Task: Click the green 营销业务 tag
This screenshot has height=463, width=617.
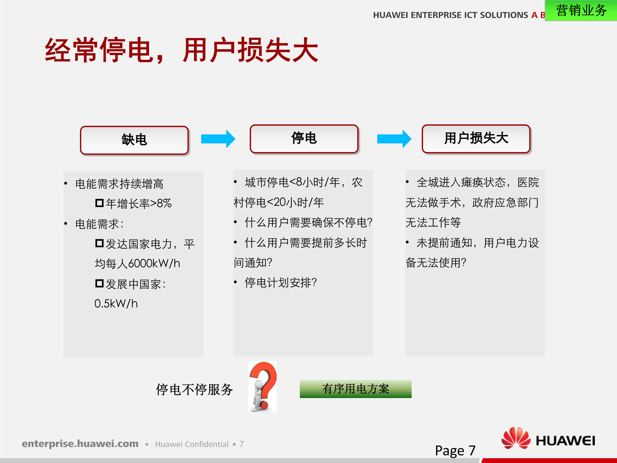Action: tap(581, 11)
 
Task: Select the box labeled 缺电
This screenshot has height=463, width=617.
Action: tap(134, 140)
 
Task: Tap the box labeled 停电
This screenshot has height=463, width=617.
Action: tap(304, 139)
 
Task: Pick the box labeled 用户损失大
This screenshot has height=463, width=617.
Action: tap(476, 139)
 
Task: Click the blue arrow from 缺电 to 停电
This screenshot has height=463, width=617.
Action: tap(218, 139)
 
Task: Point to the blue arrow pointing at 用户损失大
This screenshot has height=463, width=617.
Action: tap(394, 139)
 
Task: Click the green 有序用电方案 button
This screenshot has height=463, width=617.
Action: tap(355, 389)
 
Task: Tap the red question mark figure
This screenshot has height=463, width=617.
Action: tap(263, 386)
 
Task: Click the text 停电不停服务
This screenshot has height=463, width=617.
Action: tap(194, 390)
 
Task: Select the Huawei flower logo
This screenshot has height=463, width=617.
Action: tap(516, 438)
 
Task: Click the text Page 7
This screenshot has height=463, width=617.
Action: tap(455, 450)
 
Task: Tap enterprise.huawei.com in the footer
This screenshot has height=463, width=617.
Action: tap(80, 444)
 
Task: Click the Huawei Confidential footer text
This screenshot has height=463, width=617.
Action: tap(192, 444)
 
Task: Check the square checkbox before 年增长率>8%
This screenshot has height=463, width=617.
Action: tap(99, 203)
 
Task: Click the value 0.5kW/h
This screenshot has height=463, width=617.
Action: tap(116, 304)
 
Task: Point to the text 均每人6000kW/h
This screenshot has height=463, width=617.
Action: tap(137, 264)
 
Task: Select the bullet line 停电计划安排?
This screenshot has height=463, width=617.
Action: tap(281, 283)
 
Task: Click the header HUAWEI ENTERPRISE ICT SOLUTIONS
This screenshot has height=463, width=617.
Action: tap(450, 15)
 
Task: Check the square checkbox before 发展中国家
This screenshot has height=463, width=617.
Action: tap(99, 283)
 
